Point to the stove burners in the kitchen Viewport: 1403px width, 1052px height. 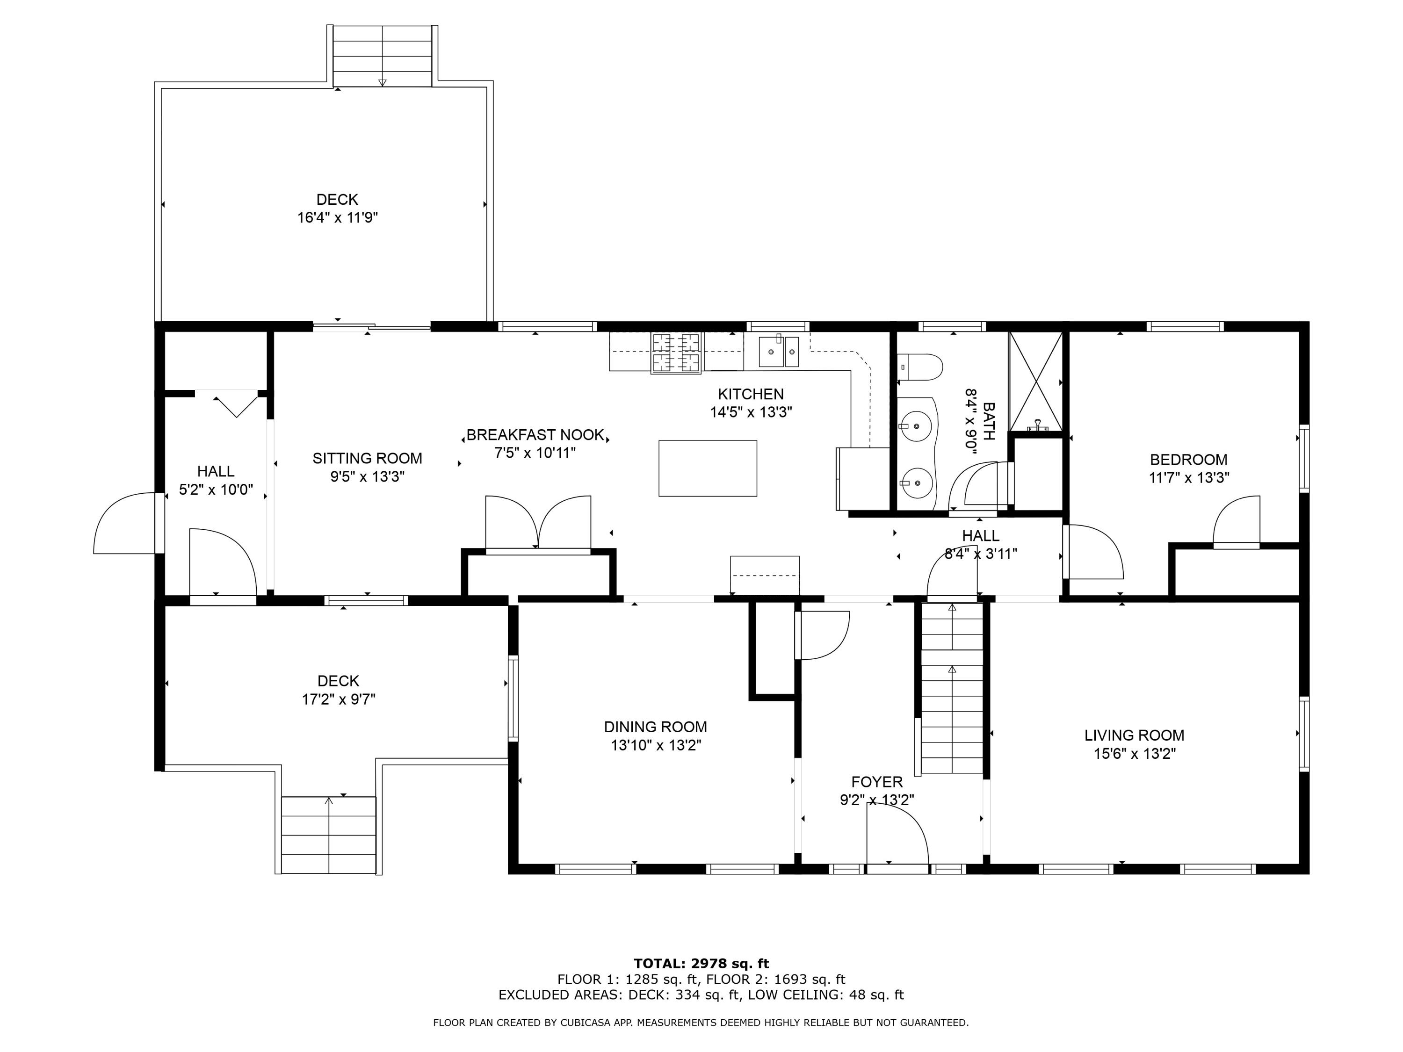tap(676, 352)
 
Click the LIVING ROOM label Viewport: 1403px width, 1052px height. tap(1134, 735)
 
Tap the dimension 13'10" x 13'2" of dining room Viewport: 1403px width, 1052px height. tap(656, 745)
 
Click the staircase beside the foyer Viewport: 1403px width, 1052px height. tap(951, 688)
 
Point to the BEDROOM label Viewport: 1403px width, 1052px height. tap(1189, 460)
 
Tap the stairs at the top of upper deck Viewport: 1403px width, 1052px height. tap(383, 56)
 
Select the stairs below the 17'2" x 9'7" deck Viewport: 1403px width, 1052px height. tap(329, 835)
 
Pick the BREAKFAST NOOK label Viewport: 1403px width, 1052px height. tap(535, 435)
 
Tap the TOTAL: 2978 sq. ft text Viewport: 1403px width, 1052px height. tap(701, 964)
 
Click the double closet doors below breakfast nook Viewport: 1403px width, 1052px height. tap(538, 523)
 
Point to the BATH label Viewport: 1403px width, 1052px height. tap(988, 420)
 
